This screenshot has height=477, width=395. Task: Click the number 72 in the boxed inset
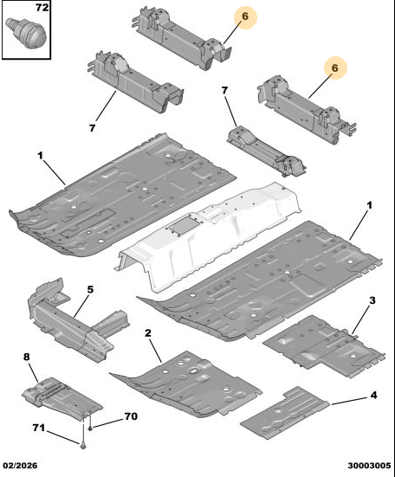coord(42,7)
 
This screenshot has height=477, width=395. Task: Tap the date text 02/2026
coord(21,465)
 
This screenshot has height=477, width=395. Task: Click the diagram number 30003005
coord(369,465)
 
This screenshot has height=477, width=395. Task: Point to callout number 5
coord(90,289)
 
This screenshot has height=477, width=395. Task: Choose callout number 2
coord(148,332)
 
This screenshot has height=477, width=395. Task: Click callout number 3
coord(372,300)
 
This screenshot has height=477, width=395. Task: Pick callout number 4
coord(373,395)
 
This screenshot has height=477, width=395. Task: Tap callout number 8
coord(27,357)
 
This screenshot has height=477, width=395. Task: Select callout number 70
coord(131,416)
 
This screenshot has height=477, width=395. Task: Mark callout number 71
coord(39,428)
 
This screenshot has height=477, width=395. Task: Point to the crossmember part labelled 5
coord(76,321)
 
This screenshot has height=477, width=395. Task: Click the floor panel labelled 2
coord(185,384)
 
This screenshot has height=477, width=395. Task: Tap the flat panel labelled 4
coord(284,412)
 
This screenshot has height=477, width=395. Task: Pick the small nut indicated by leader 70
coord(90,429)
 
